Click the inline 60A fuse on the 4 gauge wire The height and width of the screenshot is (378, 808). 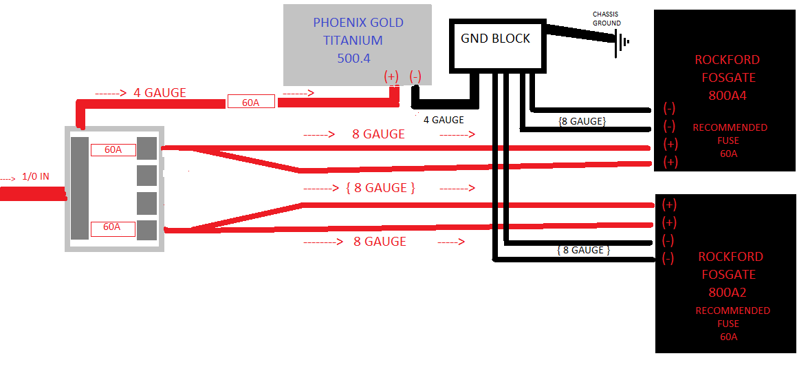tap(251, 103)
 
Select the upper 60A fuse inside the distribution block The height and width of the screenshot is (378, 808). tap(113, 149)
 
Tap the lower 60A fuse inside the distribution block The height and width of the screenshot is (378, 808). tap(113, 227)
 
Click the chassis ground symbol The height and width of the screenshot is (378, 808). tap(623, 42)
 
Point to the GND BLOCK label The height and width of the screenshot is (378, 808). tap(495, 39)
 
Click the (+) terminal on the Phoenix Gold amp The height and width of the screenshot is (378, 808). tap(391, 77)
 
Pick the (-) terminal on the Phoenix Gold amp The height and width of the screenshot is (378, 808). tap(415, 77)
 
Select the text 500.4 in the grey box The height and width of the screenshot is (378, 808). tap(353, 59)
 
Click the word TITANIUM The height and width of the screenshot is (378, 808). tap(353, 41)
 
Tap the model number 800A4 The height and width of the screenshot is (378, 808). tap(728, 96)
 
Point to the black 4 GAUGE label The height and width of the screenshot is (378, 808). tap(443, 120)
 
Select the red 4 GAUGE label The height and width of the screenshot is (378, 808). tap(160, 93)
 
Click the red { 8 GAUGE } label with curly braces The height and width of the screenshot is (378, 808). tap(380, 188)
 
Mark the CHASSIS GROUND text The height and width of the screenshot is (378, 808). tap(607, 19)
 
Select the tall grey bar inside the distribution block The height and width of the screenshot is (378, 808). tap(80, 188)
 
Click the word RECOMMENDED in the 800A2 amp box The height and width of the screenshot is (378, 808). tap(732, 311)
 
